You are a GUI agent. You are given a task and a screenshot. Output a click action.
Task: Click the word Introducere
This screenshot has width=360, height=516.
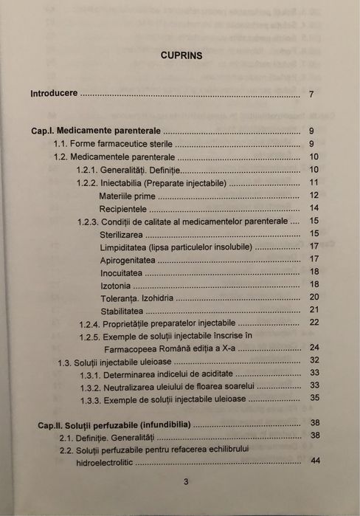54,94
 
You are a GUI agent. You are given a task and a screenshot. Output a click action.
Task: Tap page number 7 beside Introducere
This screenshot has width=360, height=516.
312,94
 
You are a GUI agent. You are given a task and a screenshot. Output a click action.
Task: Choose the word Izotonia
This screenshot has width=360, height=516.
117,286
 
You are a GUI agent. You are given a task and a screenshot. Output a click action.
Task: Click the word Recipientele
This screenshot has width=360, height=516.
124,208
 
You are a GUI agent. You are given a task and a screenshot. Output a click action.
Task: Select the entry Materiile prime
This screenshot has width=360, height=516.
127,196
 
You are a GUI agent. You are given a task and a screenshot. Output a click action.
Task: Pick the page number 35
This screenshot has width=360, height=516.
314,398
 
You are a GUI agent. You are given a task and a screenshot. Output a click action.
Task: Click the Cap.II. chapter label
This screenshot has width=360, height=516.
49,424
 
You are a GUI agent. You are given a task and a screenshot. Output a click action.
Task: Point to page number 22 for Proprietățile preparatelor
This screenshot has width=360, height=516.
314,323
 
